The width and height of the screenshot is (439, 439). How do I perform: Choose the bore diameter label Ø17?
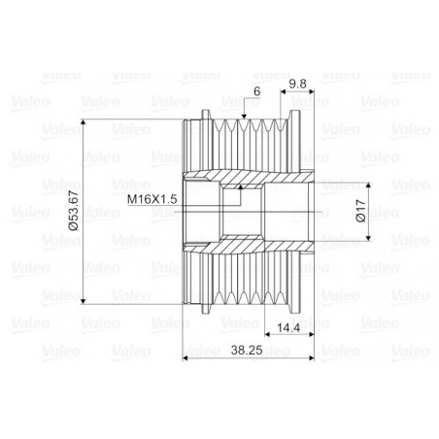coord(360,213)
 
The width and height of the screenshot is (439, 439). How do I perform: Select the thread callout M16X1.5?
coord(152,198)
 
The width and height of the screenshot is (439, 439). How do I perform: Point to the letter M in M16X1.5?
coord(132,198)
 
